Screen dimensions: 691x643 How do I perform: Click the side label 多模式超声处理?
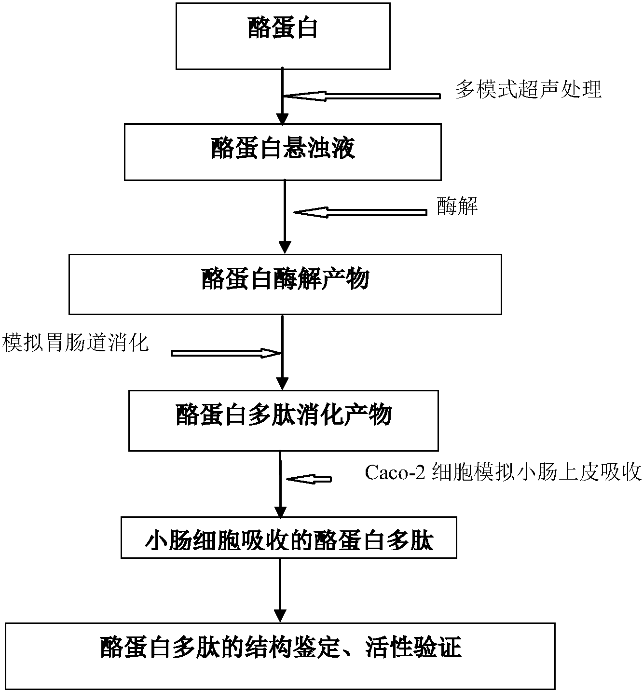[528, 90]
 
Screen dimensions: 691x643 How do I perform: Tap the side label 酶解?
[457, 207]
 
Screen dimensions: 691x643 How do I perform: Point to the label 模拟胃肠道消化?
[76, 343]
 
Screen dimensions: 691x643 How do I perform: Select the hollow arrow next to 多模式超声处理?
[362, 97]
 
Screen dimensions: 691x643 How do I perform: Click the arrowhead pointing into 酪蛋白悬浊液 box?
[282, 119]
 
